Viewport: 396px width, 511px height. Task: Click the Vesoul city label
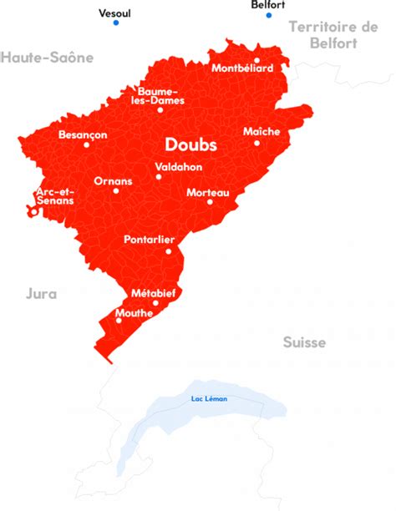tap(115, 13)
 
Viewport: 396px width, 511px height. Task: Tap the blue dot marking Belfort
tap(269, 15)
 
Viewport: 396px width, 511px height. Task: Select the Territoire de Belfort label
tap(333, 34)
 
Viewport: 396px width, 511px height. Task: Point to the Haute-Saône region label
tap(47, 58)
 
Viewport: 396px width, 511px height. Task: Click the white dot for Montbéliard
tap(256, 60)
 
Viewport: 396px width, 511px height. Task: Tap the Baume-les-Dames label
tap(161, 95)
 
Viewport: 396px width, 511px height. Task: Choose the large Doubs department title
tap(190, 145)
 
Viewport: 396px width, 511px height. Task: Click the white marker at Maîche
tap(257, 143)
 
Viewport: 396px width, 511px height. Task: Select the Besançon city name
tap(83, 134)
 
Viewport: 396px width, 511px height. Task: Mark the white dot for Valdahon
tap(158, 176)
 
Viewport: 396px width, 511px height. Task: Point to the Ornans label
tap(113, 180)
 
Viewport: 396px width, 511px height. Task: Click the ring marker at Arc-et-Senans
tap(33, 212)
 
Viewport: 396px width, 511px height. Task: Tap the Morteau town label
tap(207, 192)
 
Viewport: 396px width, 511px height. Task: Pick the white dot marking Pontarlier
tap(168, 251)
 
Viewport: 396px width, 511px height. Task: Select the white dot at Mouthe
tap(118, 321)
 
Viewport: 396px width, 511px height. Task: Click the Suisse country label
tap(304, 342)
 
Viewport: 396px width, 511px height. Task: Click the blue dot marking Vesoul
tap(116, 23)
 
